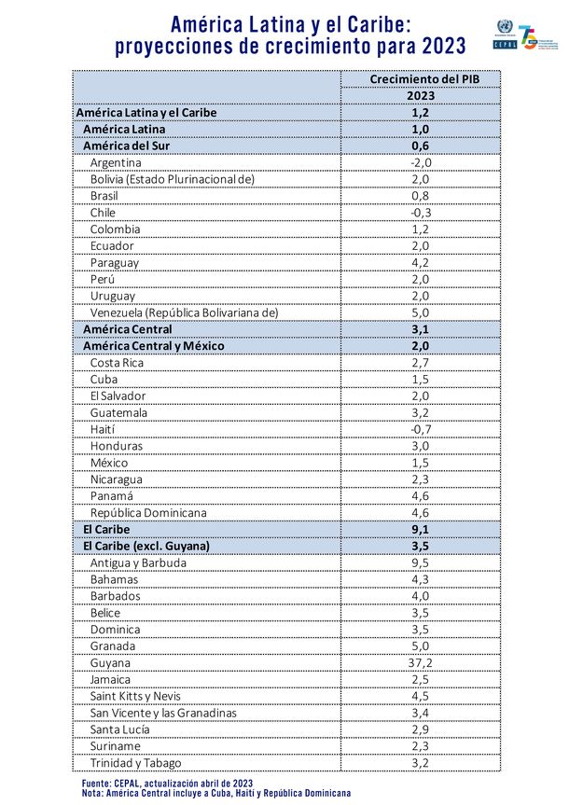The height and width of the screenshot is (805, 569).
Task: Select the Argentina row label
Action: point(116,162)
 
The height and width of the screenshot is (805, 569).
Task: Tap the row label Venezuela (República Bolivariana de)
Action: point(184,312)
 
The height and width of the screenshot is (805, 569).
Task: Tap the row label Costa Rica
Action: point(118,362)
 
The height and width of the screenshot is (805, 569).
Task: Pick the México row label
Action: point(109,463)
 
